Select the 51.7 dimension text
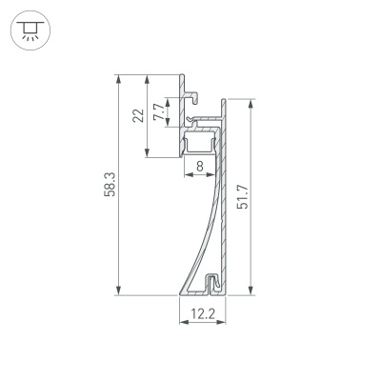point(243,198)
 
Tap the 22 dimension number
point(139,115)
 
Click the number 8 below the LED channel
point(198,166)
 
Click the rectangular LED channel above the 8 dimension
point(199,143)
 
